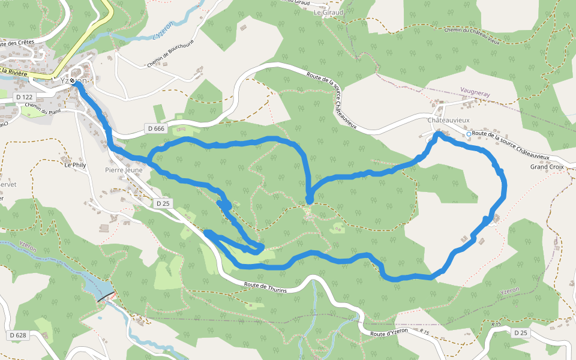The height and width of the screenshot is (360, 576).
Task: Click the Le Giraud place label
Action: pos(329,12)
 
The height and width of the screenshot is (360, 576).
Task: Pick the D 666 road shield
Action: pos(155,128)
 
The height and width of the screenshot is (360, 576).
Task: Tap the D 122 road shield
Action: pos(23,97)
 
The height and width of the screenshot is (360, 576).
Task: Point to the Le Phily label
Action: pos(76,164)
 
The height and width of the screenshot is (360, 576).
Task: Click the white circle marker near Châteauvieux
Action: pos(469,134)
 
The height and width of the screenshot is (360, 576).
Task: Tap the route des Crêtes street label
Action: pos(17,43)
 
